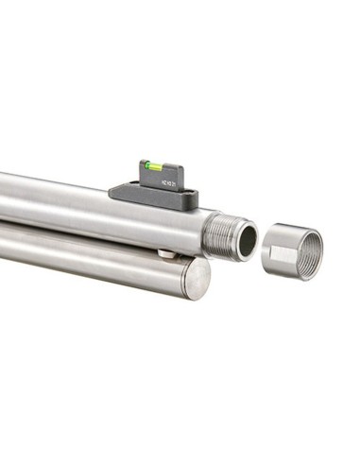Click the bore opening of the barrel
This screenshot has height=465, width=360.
point(247,240)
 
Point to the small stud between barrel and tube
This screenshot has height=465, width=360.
point(166,252)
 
